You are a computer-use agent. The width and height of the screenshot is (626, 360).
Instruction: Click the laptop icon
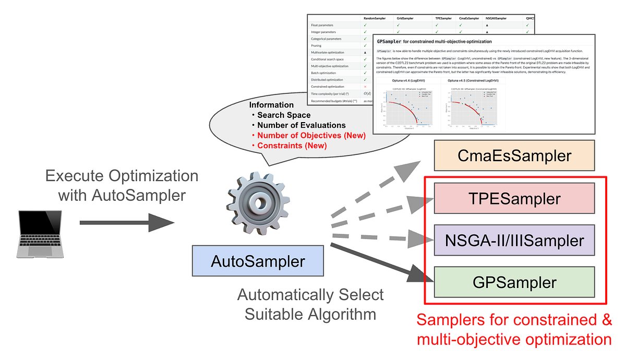tap(39, 234)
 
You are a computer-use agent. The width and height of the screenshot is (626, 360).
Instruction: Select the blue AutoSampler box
tap(258, 261)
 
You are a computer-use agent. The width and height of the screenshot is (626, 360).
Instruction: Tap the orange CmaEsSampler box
tap(514, 155)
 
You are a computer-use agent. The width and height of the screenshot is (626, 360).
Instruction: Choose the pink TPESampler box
tap(514, 198)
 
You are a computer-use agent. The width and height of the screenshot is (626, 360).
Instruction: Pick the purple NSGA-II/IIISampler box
tap(514, 241)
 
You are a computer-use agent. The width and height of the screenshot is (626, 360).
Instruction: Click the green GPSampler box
tap(514, 282)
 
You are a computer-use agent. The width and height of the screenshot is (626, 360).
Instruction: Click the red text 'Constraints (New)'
tap(292, 146)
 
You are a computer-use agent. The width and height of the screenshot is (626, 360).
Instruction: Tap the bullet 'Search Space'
tap(283, 115)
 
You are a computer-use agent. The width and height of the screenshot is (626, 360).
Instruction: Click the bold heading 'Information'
tap(271, 105)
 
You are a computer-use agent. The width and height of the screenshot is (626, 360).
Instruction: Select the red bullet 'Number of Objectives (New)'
tap(311, 136)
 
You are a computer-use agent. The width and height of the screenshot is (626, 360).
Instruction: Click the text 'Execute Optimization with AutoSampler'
tap(122, 185)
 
